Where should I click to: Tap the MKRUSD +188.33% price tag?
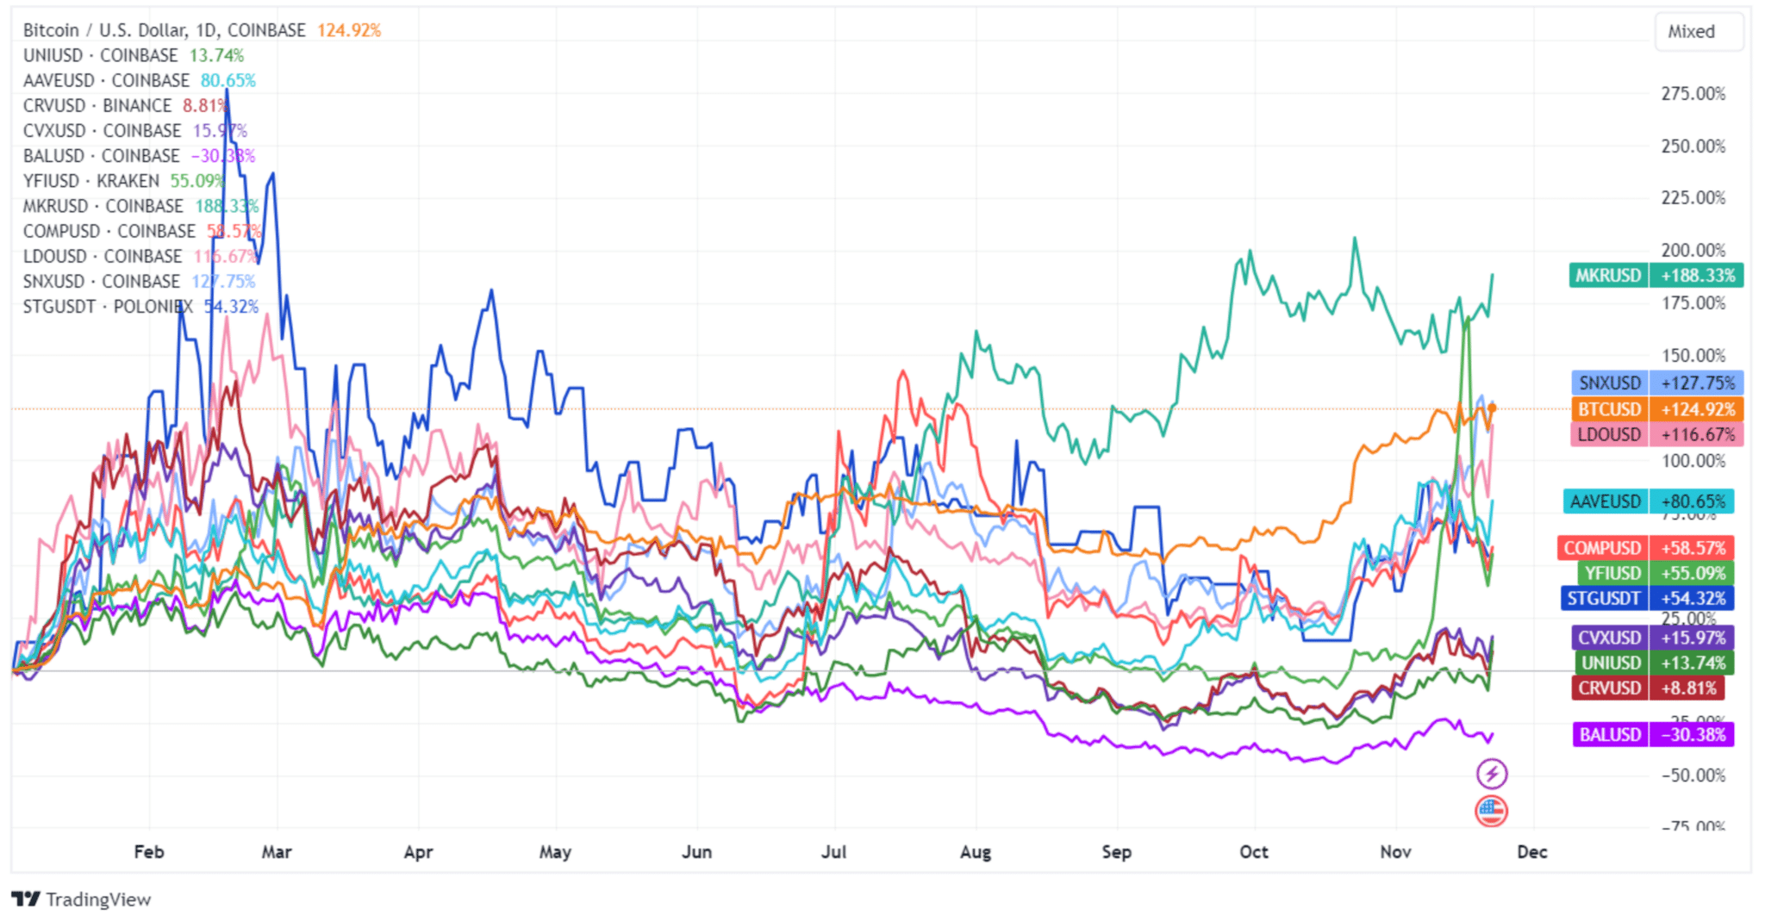pyautogui.click(x=1656, y=276)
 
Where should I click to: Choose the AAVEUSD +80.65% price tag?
pyautogui.click(x=1648, y=501)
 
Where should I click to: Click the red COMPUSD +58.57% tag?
pyautogui.click(x=1645, y=548)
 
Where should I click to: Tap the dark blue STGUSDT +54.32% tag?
pyautogui.click(x=1647, y=598)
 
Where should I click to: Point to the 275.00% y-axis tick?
pyautogui.click(x=1693, y=94)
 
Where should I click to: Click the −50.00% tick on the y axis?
pyautogui.click(x=1693, y=775)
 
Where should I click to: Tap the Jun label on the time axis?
pyautogui.click(x=696, y=852)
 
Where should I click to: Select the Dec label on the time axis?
pyautogui.click(x=1531, y=852)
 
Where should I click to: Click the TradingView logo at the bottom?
pyautogui.click(x=82, y=899)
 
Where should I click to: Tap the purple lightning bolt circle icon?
pyautogui.click(x=1492, y=774)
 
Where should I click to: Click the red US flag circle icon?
pyautogui.click(x=1491, y=811)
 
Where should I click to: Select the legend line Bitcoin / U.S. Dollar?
pyautogui.click(x=164, y=30)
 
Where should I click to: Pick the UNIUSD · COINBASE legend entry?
pyautogui.click(x=100, y=55)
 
